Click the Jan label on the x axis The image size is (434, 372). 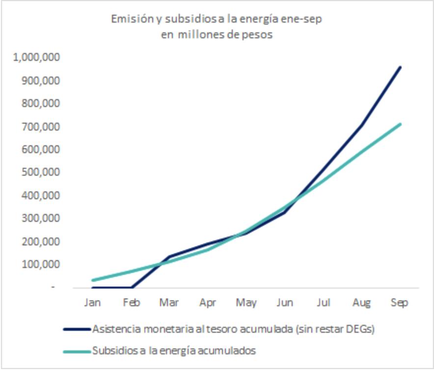(x=92, y=303)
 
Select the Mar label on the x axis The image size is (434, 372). (x=169, y=303)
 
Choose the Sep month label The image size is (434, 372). (x=400, y=303)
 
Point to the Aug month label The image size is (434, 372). (x=361, y=303)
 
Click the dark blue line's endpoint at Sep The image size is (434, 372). (x=400, y=67)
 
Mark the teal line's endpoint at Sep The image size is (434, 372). (x=400, y=124)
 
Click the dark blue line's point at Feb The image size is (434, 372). (x=131, y=288)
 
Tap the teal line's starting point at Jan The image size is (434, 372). (x=92, y=280)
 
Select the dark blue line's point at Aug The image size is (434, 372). (x=362, y=125)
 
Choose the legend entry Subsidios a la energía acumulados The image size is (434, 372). (x=174, y=351)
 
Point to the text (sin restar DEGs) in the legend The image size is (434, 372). (x=337, y=329)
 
